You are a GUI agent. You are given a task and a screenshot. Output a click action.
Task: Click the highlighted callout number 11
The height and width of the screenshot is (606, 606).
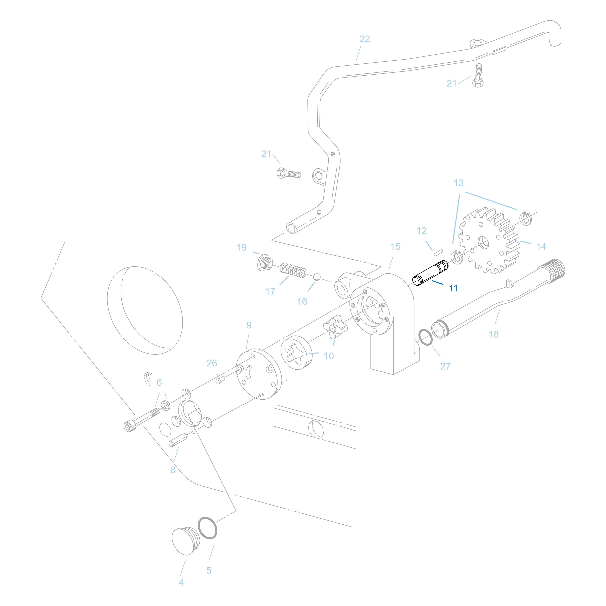(453, 288)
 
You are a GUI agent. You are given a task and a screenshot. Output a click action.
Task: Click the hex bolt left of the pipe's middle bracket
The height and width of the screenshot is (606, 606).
(288, 173)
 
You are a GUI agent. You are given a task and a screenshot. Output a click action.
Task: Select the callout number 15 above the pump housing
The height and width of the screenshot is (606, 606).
(395, 247)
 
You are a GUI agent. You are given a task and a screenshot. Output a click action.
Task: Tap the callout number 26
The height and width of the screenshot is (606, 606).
(212, 363)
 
